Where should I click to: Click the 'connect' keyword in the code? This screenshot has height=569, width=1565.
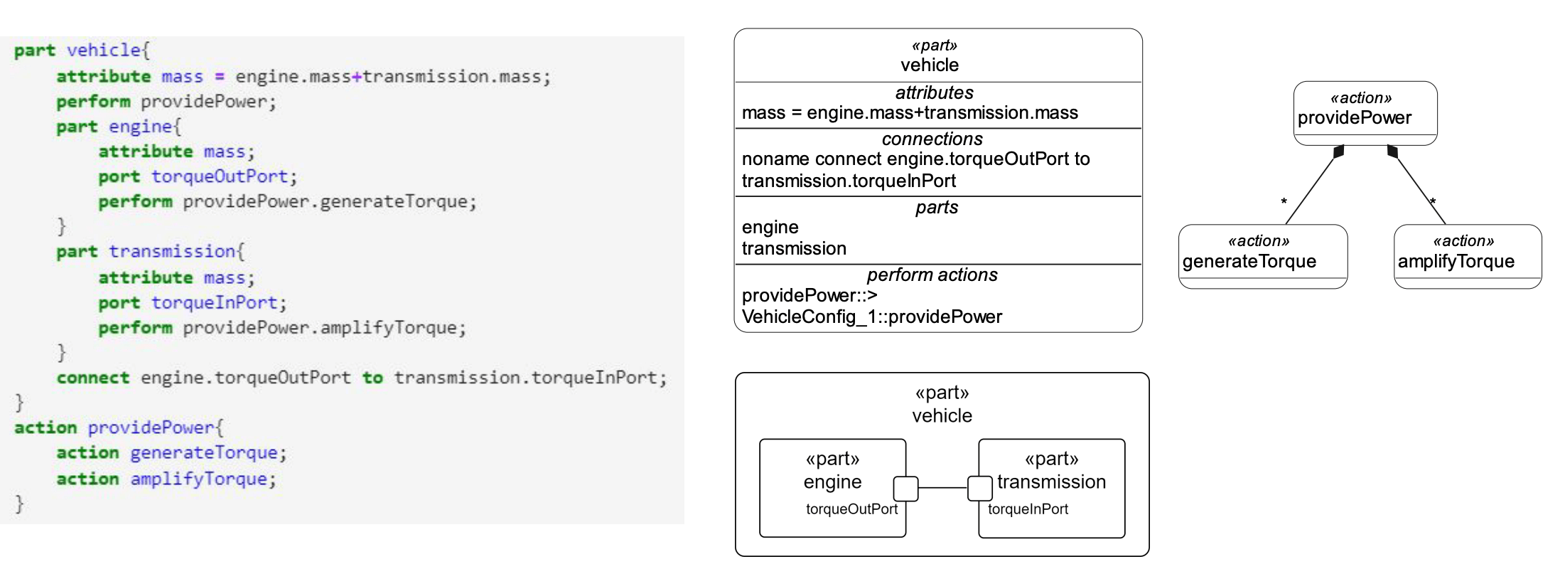(92, 378)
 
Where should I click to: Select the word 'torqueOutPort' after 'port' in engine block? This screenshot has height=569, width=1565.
(219, 176)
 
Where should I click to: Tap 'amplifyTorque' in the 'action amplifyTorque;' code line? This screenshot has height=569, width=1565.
(198, 479)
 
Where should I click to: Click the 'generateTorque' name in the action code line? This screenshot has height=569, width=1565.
(203, 453)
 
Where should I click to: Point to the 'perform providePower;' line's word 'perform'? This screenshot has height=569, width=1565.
(93, 102)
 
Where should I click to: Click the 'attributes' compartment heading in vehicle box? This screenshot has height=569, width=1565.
(934, 93)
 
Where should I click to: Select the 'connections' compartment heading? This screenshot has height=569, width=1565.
(932, 139)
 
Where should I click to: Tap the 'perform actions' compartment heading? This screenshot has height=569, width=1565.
(932, 275)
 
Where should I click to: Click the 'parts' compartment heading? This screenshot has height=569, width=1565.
(936, 208)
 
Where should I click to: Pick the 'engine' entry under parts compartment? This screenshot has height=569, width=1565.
(770, 228)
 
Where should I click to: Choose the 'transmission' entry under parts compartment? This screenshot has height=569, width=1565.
(794, 249)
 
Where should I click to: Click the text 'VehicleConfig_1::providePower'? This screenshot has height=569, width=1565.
(871, 317)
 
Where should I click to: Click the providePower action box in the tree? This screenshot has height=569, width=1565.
(1365, 112)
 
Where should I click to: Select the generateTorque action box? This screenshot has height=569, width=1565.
(1262, 256)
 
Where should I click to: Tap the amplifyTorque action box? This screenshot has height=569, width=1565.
(1467, 256)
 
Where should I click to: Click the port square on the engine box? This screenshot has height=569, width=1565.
(905, 489)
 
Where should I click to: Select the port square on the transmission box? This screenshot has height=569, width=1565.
(979, 489)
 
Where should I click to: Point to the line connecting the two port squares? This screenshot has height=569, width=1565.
(942, 488)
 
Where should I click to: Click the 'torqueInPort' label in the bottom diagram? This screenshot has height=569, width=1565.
(1028, 509)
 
